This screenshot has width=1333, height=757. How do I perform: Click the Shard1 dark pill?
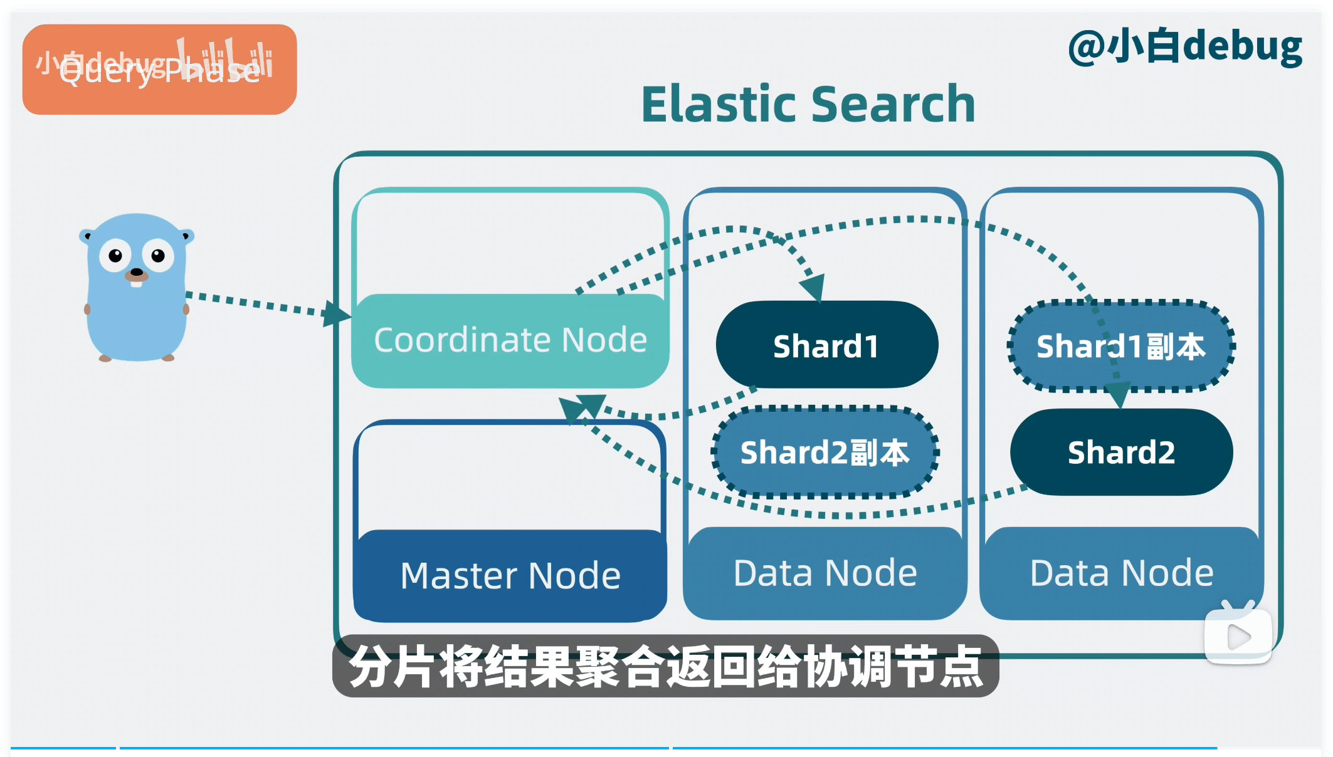pyautogui.click(x=826, y=345)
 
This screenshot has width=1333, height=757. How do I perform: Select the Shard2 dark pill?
pyautogui.click(x=1121, y=452)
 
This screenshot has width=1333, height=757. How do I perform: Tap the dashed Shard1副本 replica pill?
pyautogui.click(x=1120, y=347)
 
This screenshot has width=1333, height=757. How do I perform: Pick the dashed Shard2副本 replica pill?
pyautogui.click(x=825, y=452)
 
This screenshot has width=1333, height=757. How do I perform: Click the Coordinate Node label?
pyautogui.click(x=510, y=340)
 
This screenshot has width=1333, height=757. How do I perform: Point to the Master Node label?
pyautogui.click(x=510, y=575)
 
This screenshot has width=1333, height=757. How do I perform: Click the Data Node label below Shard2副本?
pyautogui.click(x=825, y=573)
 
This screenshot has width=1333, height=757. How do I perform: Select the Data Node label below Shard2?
pyautogui.click(x=1122, y=573)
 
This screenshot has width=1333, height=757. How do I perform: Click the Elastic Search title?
pyautogui.click(x=808, y=104)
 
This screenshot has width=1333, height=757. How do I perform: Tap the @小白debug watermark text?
pyautogui.click(x=1185, y=47)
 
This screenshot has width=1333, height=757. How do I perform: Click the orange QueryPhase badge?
pyautogui.click(x=159, y=70)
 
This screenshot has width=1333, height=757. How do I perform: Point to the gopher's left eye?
pyautogui.click(x=115, y=256)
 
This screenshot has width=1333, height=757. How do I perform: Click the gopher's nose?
pyautogui.click(x=136, y=272)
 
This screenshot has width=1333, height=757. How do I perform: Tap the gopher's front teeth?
pyautogui.click(x=136, y=283)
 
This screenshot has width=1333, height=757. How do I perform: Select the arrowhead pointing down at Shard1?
pyautogui.click(x=813, y=288)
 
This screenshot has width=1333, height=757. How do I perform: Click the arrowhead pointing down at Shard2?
pyautogui.click(x=1118, y=395)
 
